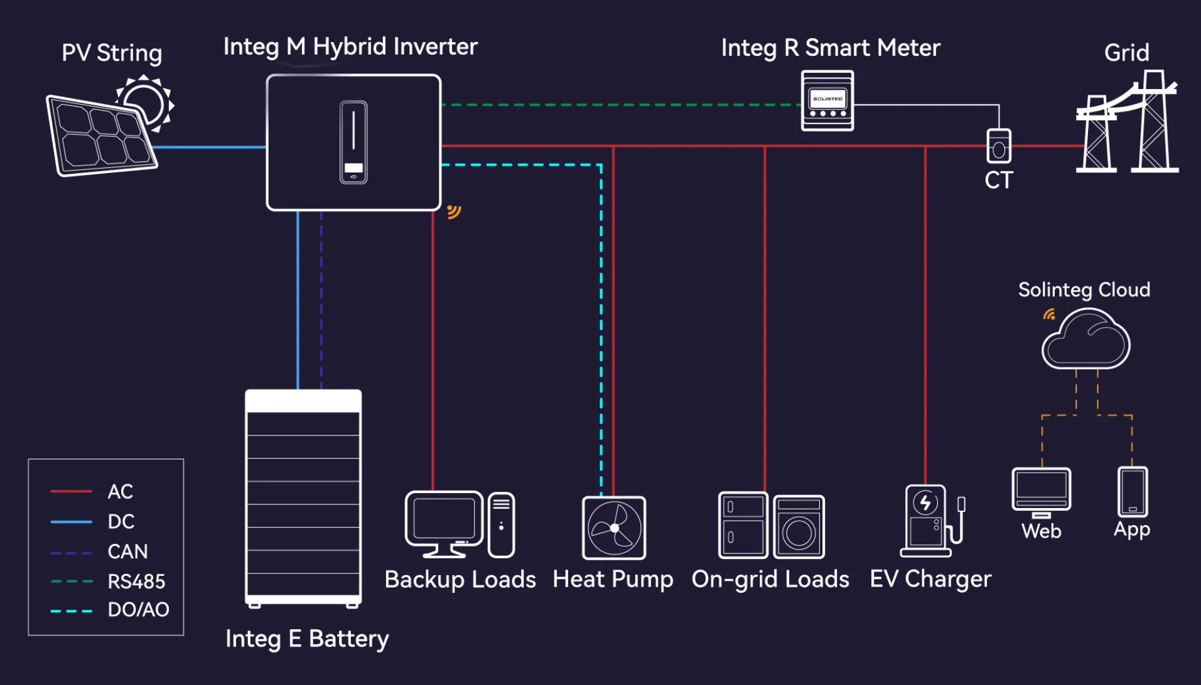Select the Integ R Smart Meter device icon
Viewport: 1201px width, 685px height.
pyautogui.click(x=827, y=100)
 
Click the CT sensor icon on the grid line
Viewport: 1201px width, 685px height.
pyautogui.click(x=998, y=146)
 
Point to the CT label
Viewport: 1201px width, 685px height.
pyautogui.click(x=998, y=181)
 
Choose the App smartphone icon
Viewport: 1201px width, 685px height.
pyautogui.click(x=1132, y=492)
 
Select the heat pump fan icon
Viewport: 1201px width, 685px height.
pyautogui.click(x=614, y=528)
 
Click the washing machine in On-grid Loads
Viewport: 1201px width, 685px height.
pyautogui.click(x=799, y=527)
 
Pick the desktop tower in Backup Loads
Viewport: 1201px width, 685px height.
pyautogui.click(x=501, y=524)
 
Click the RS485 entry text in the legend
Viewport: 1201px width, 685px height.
pyautogui.click(x=136, y=581)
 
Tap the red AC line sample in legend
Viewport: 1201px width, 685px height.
pyautogui.click(x=71, y=491)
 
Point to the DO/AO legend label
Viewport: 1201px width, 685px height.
pyautogui.click(x=138, y=610)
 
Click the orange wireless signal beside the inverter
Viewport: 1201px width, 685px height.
pyautogui.click(x=454, y=211)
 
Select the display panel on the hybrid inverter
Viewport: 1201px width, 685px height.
pyautogui.click(x=353, y=142)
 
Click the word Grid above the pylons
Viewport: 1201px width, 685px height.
pyautogui.click(x=1126, y=53)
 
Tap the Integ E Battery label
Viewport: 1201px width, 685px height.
pyautogui.click(x=307, y=639)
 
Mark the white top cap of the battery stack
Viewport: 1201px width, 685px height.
pyautogui.click(x=303, y=401)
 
